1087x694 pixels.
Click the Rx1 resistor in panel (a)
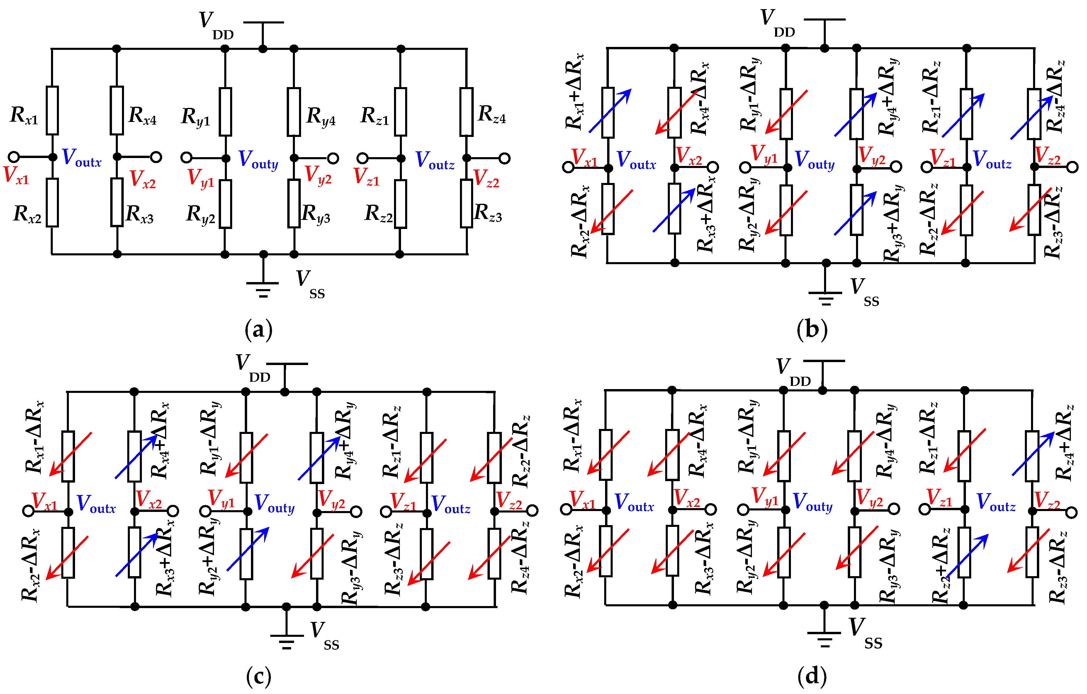point(52,111)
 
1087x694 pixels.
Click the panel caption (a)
point(258,330)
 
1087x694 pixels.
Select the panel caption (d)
point(812,676)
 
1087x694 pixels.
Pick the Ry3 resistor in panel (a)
point(294,203)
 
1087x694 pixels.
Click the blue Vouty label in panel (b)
point(814,160)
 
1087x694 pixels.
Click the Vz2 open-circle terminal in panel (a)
point(505,159)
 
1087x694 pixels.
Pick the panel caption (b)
point(812,330)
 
